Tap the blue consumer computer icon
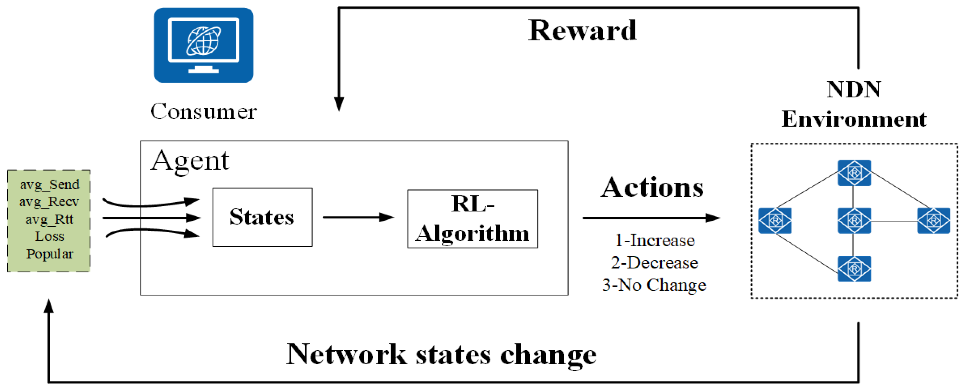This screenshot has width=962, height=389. pos(203,45)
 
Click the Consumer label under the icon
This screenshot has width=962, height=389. pos(203,111)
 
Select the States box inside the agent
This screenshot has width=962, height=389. pos(262,217)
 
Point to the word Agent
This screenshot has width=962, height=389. pos(190,161)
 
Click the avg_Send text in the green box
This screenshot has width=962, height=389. pos(50,184)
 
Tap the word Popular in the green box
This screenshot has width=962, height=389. pos(50,254)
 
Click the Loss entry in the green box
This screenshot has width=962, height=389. pos(50,237)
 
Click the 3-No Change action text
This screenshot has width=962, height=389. pos(654,285)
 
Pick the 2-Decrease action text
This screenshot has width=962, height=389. pos(654,263)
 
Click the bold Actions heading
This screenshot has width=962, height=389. pos(652,188)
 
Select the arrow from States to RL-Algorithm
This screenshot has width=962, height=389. pos(358,217)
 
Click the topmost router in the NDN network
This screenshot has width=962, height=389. pos(854,173)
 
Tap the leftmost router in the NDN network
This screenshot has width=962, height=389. pos(774,221)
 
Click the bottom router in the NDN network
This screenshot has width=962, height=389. pos(854,268)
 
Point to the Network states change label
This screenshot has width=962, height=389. pos(441,354)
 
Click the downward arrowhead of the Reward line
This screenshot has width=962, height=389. pos(339,104)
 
